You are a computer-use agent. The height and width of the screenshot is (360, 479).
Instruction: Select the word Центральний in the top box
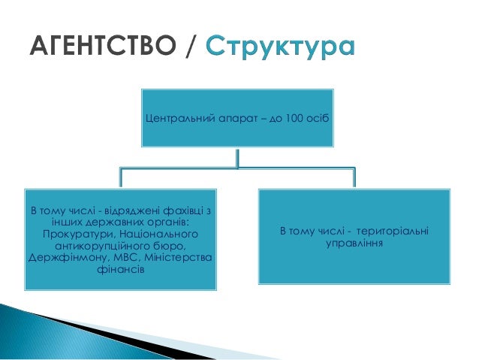[175, 119]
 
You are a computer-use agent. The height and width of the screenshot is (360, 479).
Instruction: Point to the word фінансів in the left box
[119, 270]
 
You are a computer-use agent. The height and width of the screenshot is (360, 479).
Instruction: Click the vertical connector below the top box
[237, 158]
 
